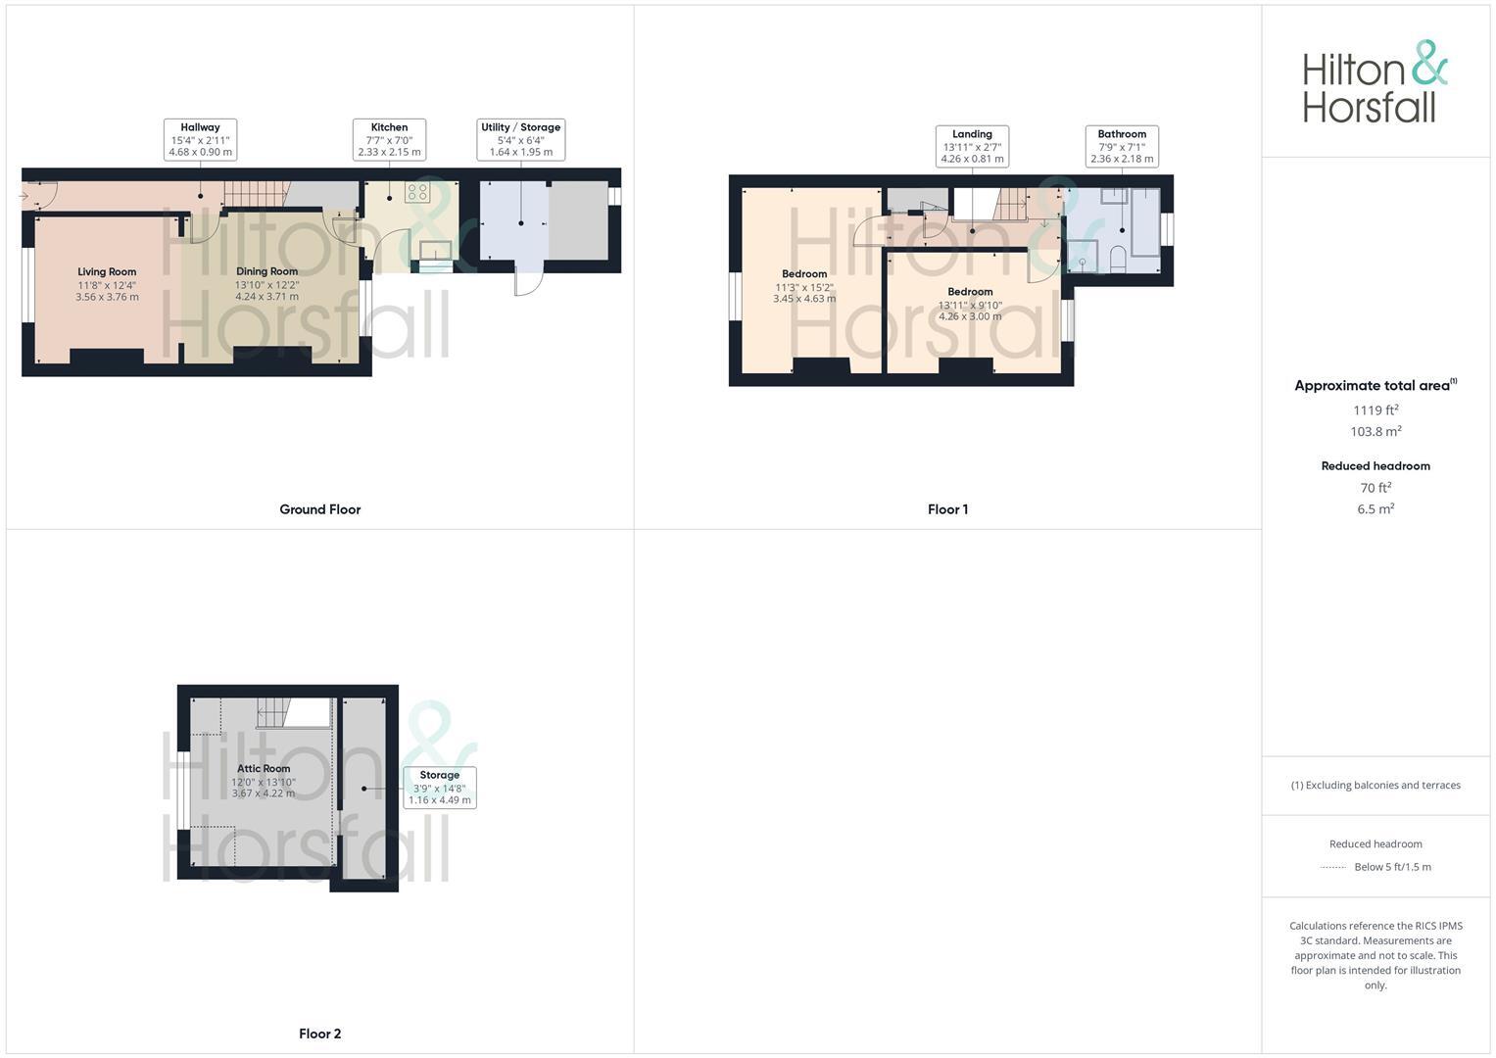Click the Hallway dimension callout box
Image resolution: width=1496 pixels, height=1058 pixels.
pos(200,140)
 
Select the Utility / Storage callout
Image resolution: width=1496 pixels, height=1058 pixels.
pos(520,140)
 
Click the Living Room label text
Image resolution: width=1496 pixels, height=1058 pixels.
pos(107,272)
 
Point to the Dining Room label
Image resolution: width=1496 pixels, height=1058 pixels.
pos(266,271)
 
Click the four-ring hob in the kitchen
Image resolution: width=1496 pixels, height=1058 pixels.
pos(417,192)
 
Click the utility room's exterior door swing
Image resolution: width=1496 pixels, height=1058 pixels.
pos(528,282)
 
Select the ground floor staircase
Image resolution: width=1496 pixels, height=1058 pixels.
pos(253,193)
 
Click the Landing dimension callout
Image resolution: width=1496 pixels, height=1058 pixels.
pos(972,147)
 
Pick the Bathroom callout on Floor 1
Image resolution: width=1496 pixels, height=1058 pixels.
pos(1122,147)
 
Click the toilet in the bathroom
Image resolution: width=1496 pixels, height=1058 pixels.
pos(1117,259)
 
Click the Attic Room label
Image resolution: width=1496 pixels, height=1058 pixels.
pos(264,769)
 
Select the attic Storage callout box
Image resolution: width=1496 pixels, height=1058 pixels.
pos(440,788)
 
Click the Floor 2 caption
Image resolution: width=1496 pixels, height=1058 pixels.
pos(320,1034)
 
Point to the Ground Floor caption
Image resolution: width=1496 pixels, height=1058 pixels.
pos(320,509)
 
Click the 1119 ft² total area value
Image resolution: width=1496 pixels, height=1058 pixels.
pos(1375,410)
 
